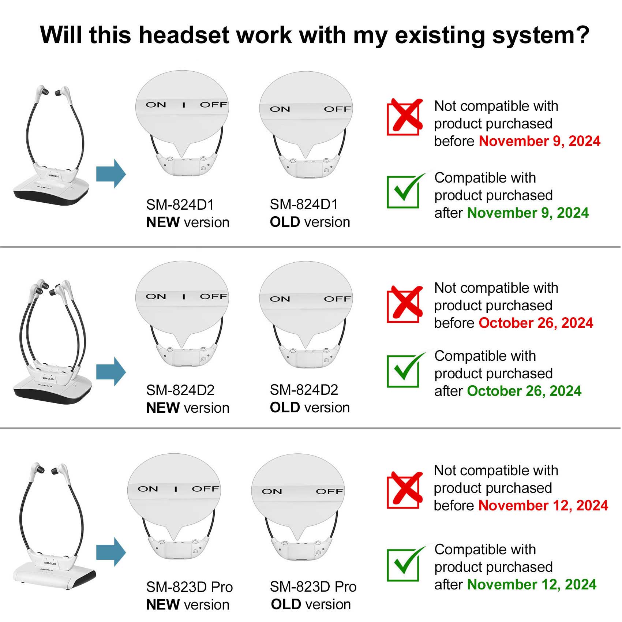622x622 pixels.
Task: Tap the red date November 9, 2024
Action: [540, 141]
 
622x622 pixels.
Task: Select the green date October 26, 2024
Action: [524, 391]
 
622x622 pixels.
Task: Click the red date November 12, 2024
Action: [543, 506]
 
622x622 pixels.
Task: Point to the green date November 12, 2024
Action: [532, 585]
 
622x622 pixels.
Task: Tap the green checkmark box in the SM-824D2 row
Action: [405, 370]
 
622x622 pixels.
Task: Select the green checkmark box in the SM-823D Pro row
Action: [405, 563]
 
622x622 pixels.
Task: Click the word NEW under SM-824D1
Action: [163, 222]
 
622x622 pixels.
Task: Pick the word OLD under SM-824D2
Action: [285, 408]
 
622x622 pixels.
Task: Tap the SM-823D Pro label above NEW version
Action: [190, 587]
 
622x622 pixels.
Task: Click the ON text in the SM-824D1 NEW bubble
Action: [156, 105]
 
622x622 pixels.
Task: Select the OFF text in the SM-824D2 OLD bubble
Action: [337, 299]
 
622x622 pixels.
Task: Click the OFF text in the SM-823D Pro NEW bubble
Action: [205, 489]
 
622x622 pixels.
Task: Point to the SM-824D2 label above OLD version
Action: [304, 390]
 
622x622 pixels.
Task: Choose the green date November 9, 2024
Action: [528, 213]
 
